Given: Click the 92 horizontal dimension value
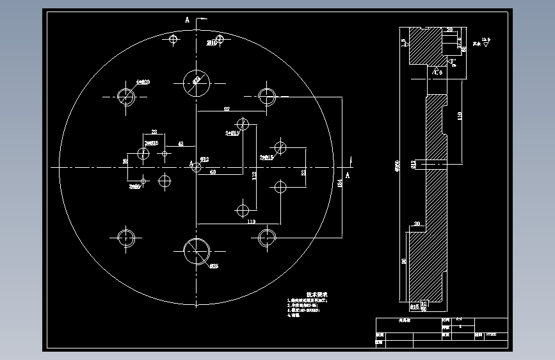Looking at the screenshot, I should point(227,110).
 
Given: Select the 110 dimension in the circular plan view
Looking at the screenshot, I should point(250,222).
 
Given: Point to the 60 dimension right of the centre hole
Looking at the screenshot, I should point(213,172).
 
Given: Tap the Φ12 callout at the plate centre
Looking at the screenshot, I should point(204,158).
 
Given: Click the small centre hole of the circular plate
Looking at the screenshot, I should point(197,168).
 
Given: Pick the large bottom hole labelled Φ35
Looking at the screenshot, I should point(197,251).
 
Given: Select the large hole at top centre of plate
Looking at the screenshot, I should point(196,81).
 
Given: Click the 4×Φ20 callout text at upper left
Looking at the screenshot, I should point(143,82).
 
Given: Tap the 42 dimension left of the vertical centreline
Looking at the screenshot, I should point(181,144).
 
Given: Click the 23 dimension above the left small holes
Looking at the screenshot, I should point(154,132).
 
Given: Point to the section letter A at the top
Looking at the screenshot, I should point(188,20).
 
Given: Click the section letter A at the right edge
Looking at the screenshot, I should point(348,175).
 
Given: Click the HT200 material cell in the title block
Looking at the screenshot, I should point(490,334).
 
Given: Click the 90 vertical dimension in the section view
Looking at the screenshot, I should point(404,261).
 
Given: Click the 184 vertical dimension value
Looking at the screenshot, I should point(340,184).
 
